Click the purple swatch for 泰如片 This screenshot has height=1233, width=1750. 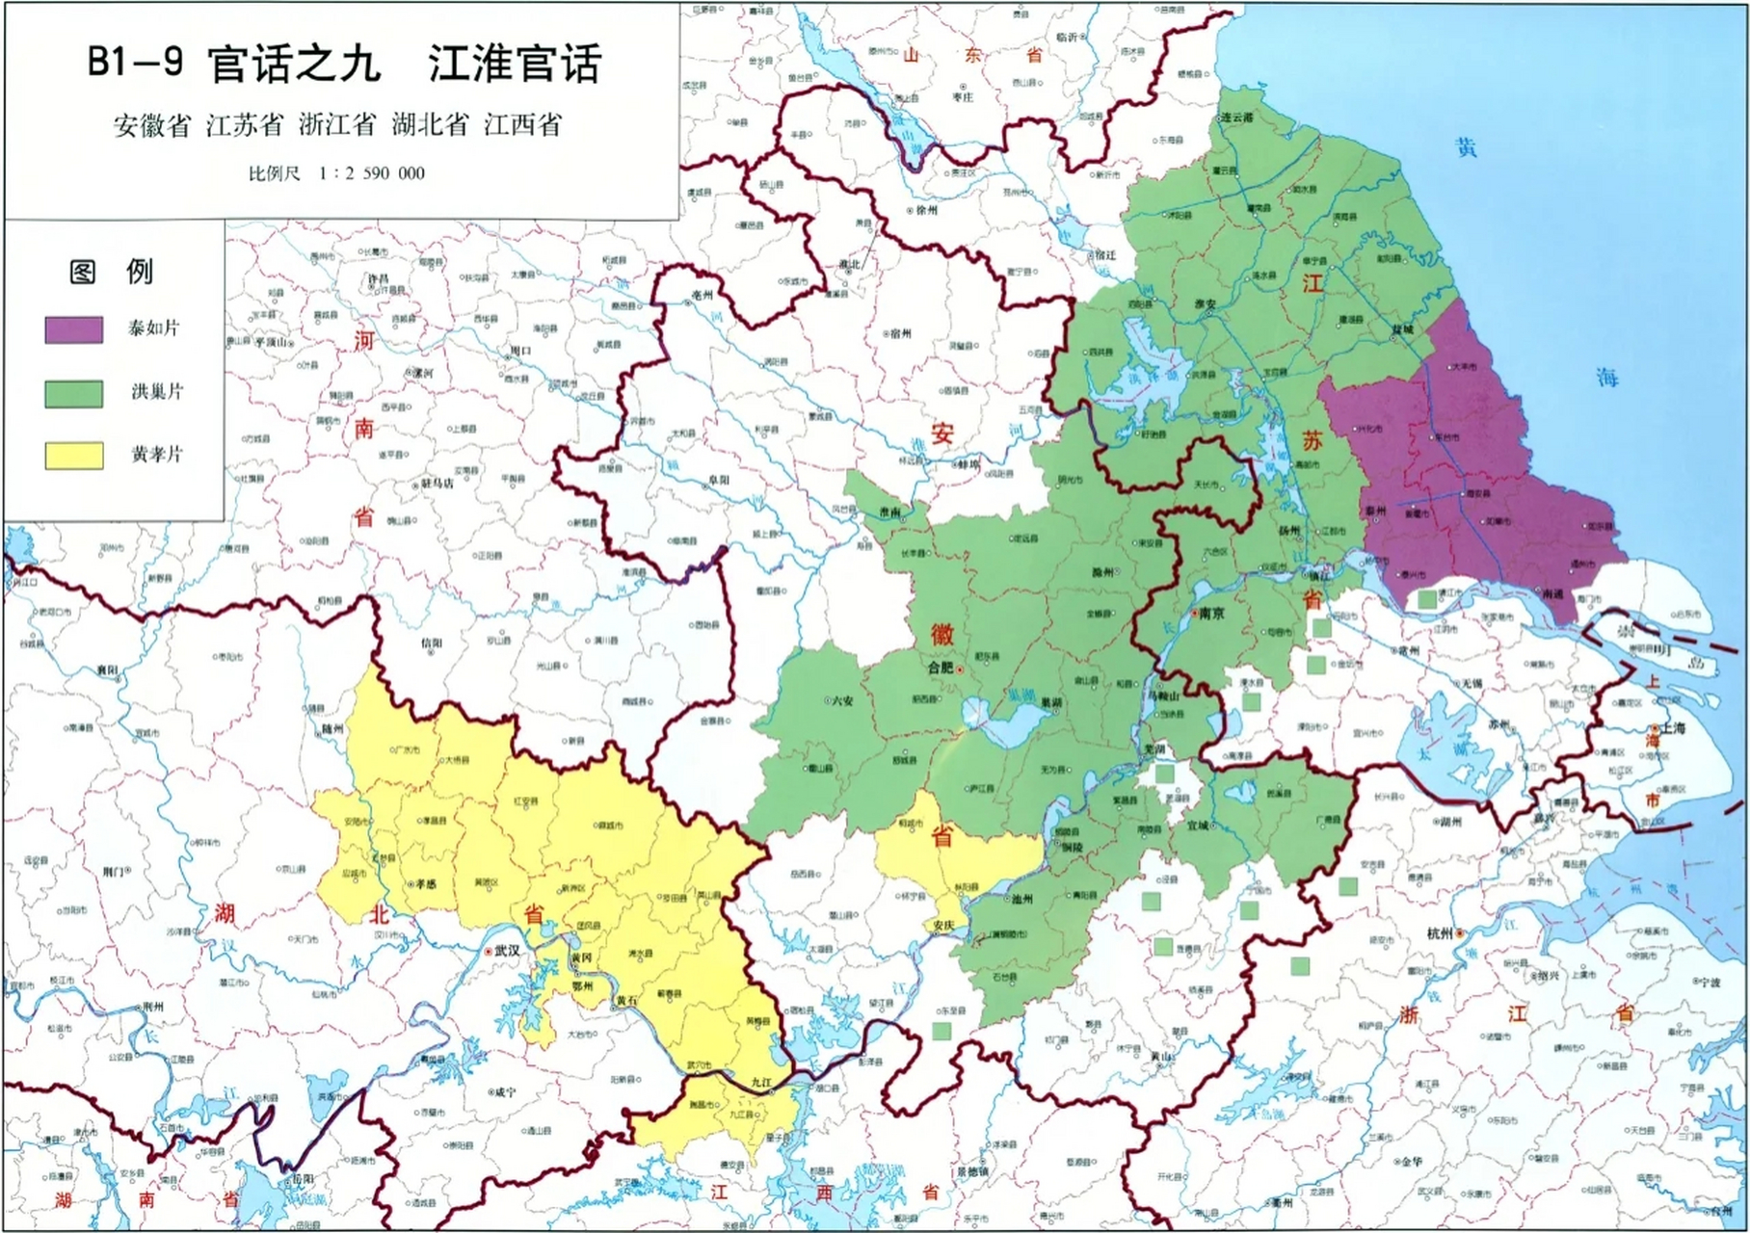coord(74,329)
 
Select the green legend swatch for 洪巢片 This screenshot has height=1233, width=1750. coord(74,393)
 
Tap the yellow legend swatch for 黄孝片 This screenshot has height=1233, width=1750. coord(74,456)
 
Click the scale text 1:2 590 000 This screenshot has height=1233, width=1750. coord(371,173)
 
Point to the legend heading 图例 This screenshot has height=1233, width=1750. coord(111,272)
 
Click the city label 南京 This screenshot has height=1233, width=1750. coord(1210,613)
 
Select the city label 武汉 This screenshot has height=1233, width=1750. coord(508,950)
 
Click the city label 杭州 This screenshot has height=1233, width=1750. coord(1441,933)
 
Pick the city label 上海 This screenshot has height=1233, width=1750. coord(1673,728)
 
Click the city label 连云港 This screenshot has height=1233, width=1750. coord(1236,117)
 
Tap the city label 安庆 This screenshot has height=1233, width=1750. coord(943,926)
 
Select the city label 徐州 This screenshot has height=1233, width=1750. coord(926,209)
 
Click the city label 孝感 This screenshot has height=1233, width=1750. coord(424,882)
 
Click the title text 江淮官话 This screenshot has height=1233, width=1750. coord(515,64)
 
